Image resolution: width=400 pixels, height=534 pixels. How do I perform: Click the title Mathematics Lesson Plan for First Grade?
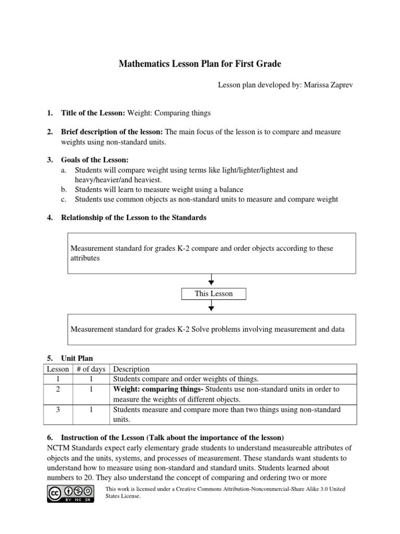click(200, 64)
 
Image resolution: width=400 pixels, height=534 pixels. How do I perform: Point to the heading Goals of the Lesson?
click(94, 160)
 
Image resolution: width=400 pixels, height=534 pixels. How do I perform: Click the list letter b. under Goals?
click(64, 189)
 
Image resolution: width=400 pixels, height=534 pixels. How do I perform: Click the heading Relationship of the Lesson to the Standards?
click(134, 217)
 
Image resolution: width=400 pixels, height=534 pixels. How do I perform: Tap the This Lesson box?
click(214, 294)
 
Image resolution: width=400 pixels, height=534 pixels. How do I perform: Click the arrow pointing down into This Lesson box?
click(211, 281)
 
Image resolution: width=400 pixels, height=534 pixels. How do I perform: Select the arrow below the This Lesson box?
click(211, 307)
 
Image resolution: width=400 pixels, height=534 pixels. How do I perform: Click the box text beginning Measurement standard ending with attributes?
click(202, 253)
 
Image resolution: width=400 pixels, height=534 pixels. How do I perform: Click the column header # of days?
click(91, 369)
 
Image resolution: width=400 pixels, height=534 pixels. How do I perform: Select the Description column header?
click(131, 369)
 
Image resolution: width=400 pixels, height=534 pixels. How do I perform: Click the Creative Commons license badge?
click(71, 493)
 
